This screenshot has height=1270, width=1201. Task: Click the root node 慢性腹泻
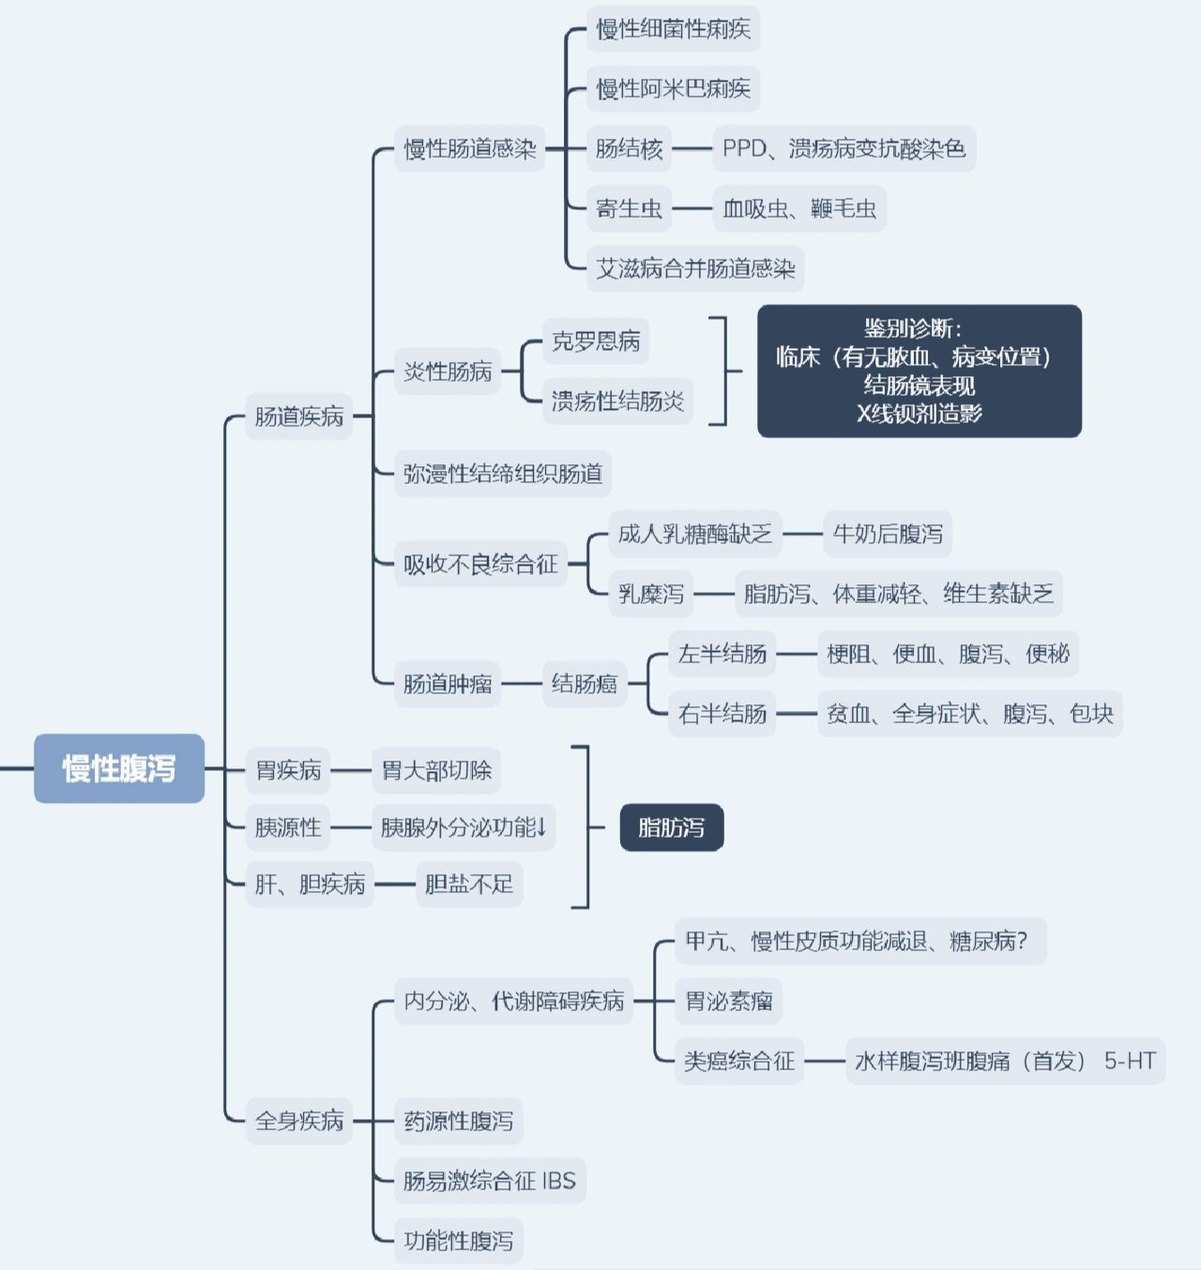pos(119,768)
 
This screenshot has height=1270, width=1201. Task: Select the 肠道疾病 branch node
pos(299,416)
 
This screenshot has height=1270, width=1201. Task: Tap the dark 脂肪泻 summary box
pos(671,827)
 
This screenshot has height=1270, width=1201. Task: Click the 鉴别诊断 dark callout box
pos(919,370)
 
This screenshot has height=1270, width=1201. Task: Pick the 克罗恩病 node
pos(596,341)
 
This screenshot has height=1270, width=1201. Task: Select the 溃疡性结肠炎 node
pos(617,401)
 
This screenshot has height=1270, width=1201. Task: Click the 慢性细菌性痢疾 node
pos(673,29)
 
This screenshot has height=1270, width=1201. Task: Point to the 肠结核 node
pos(629,148)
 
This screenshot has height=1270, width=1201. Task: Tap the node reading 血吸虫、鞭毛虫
pos(799,208)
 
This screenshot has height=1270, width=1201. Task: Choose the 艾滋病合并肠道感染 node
pos(695,269)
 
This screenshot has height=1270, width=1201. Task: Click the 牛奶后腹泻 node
pos(888,534)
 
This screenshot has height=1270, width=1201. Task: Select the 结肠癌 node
pos(585,684)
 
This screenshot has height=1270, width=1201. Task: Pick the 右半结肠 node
pos(722,714)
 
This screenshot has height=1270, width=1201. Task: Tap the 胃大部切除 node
pos(436,770)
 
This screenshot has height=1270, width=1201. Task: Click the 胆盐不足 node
pos(468,884)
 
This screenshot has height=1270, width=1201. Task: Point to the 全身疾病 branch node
pos(299,1120)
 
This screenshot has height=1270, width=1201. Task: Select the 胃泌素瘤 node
pos(728,1001)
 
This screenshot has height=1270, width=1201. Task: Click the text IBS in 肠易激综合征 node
pos(558,1181)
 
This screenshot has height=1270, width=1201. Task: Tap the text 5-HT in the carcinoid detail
pos(1130,1061)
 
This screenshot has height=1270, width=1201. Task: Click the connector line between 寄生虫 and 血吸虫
pos(692,208)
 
